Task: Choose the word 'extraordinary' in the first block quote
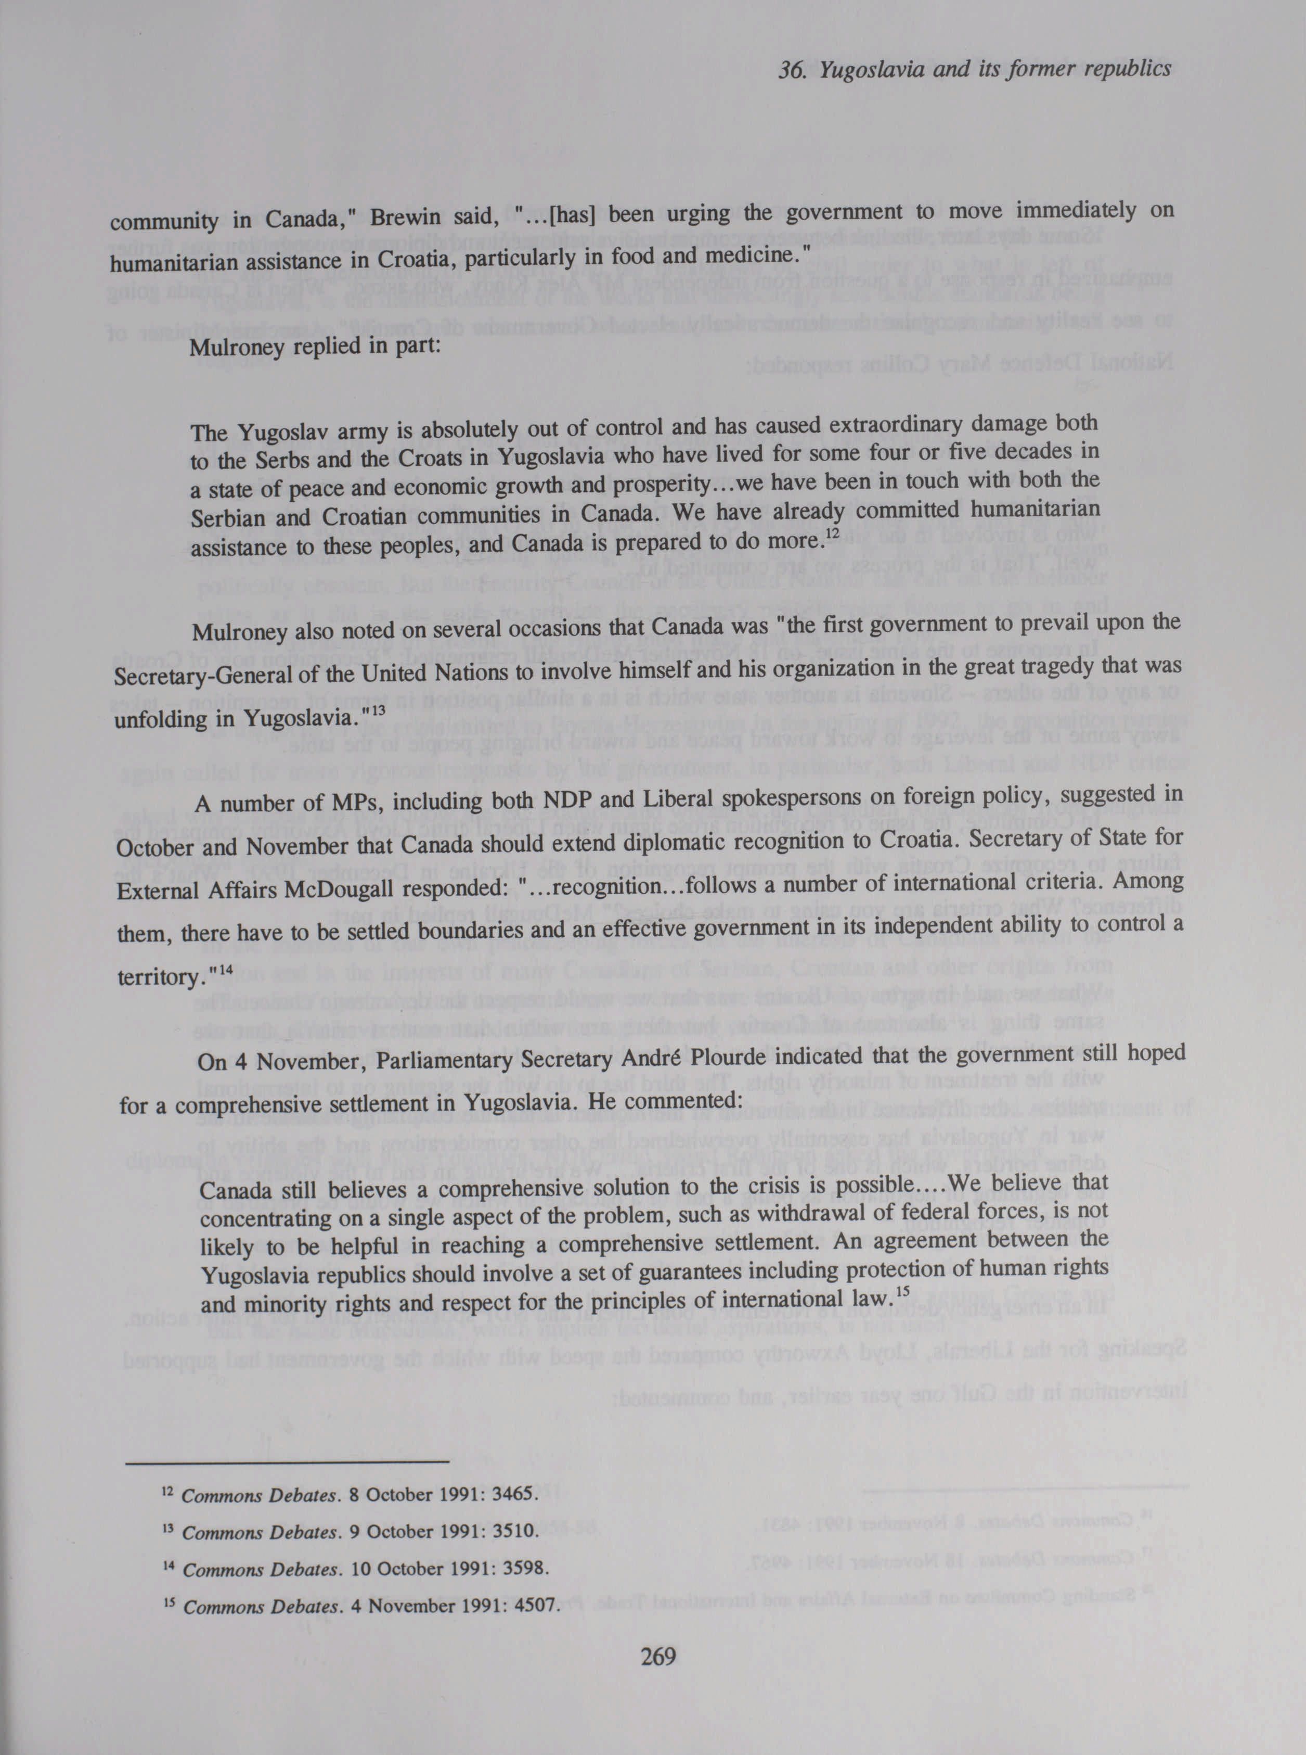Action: (888, 426)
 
